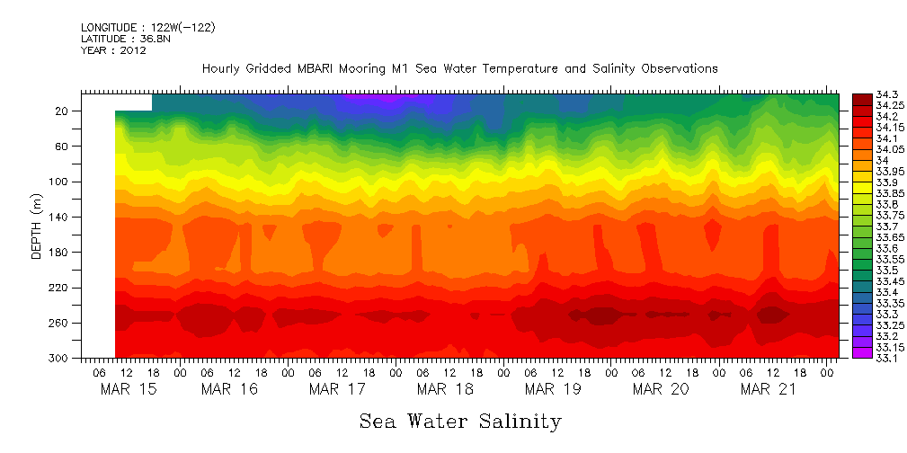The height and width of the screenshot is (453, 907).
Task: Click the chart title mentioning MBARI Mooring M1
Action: coord(459,68)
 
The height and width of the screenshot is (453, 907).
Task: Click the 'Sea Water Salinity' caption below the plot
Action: coord(460,421)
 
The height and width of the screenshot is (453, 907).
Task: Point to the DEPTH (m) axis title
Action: coord(37,227)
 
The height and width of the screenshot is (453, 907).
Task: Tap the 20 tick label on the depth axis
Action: coord(63,111)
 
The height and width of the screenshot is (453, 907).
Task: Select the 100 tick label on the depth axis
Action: coord(60,182)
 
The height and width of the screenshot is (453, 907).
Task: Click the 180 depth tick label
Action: coord(60,253)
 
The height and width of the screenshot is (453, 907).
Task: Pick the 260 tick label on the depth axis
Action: coord(60,323)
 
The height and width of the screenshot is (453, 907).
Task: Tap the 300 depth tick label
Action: coord(60,358)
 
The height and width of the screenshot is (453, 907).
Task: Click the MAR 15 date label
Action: coord(121,389)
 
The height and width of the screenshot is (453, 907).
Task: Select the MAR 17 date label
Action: coord(337,389)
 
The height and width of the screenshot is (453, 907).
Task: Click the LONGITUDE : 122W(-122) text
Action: coord(147,28)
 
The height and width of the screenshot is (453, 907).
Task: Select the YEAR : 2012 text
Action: coord(113,50)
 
